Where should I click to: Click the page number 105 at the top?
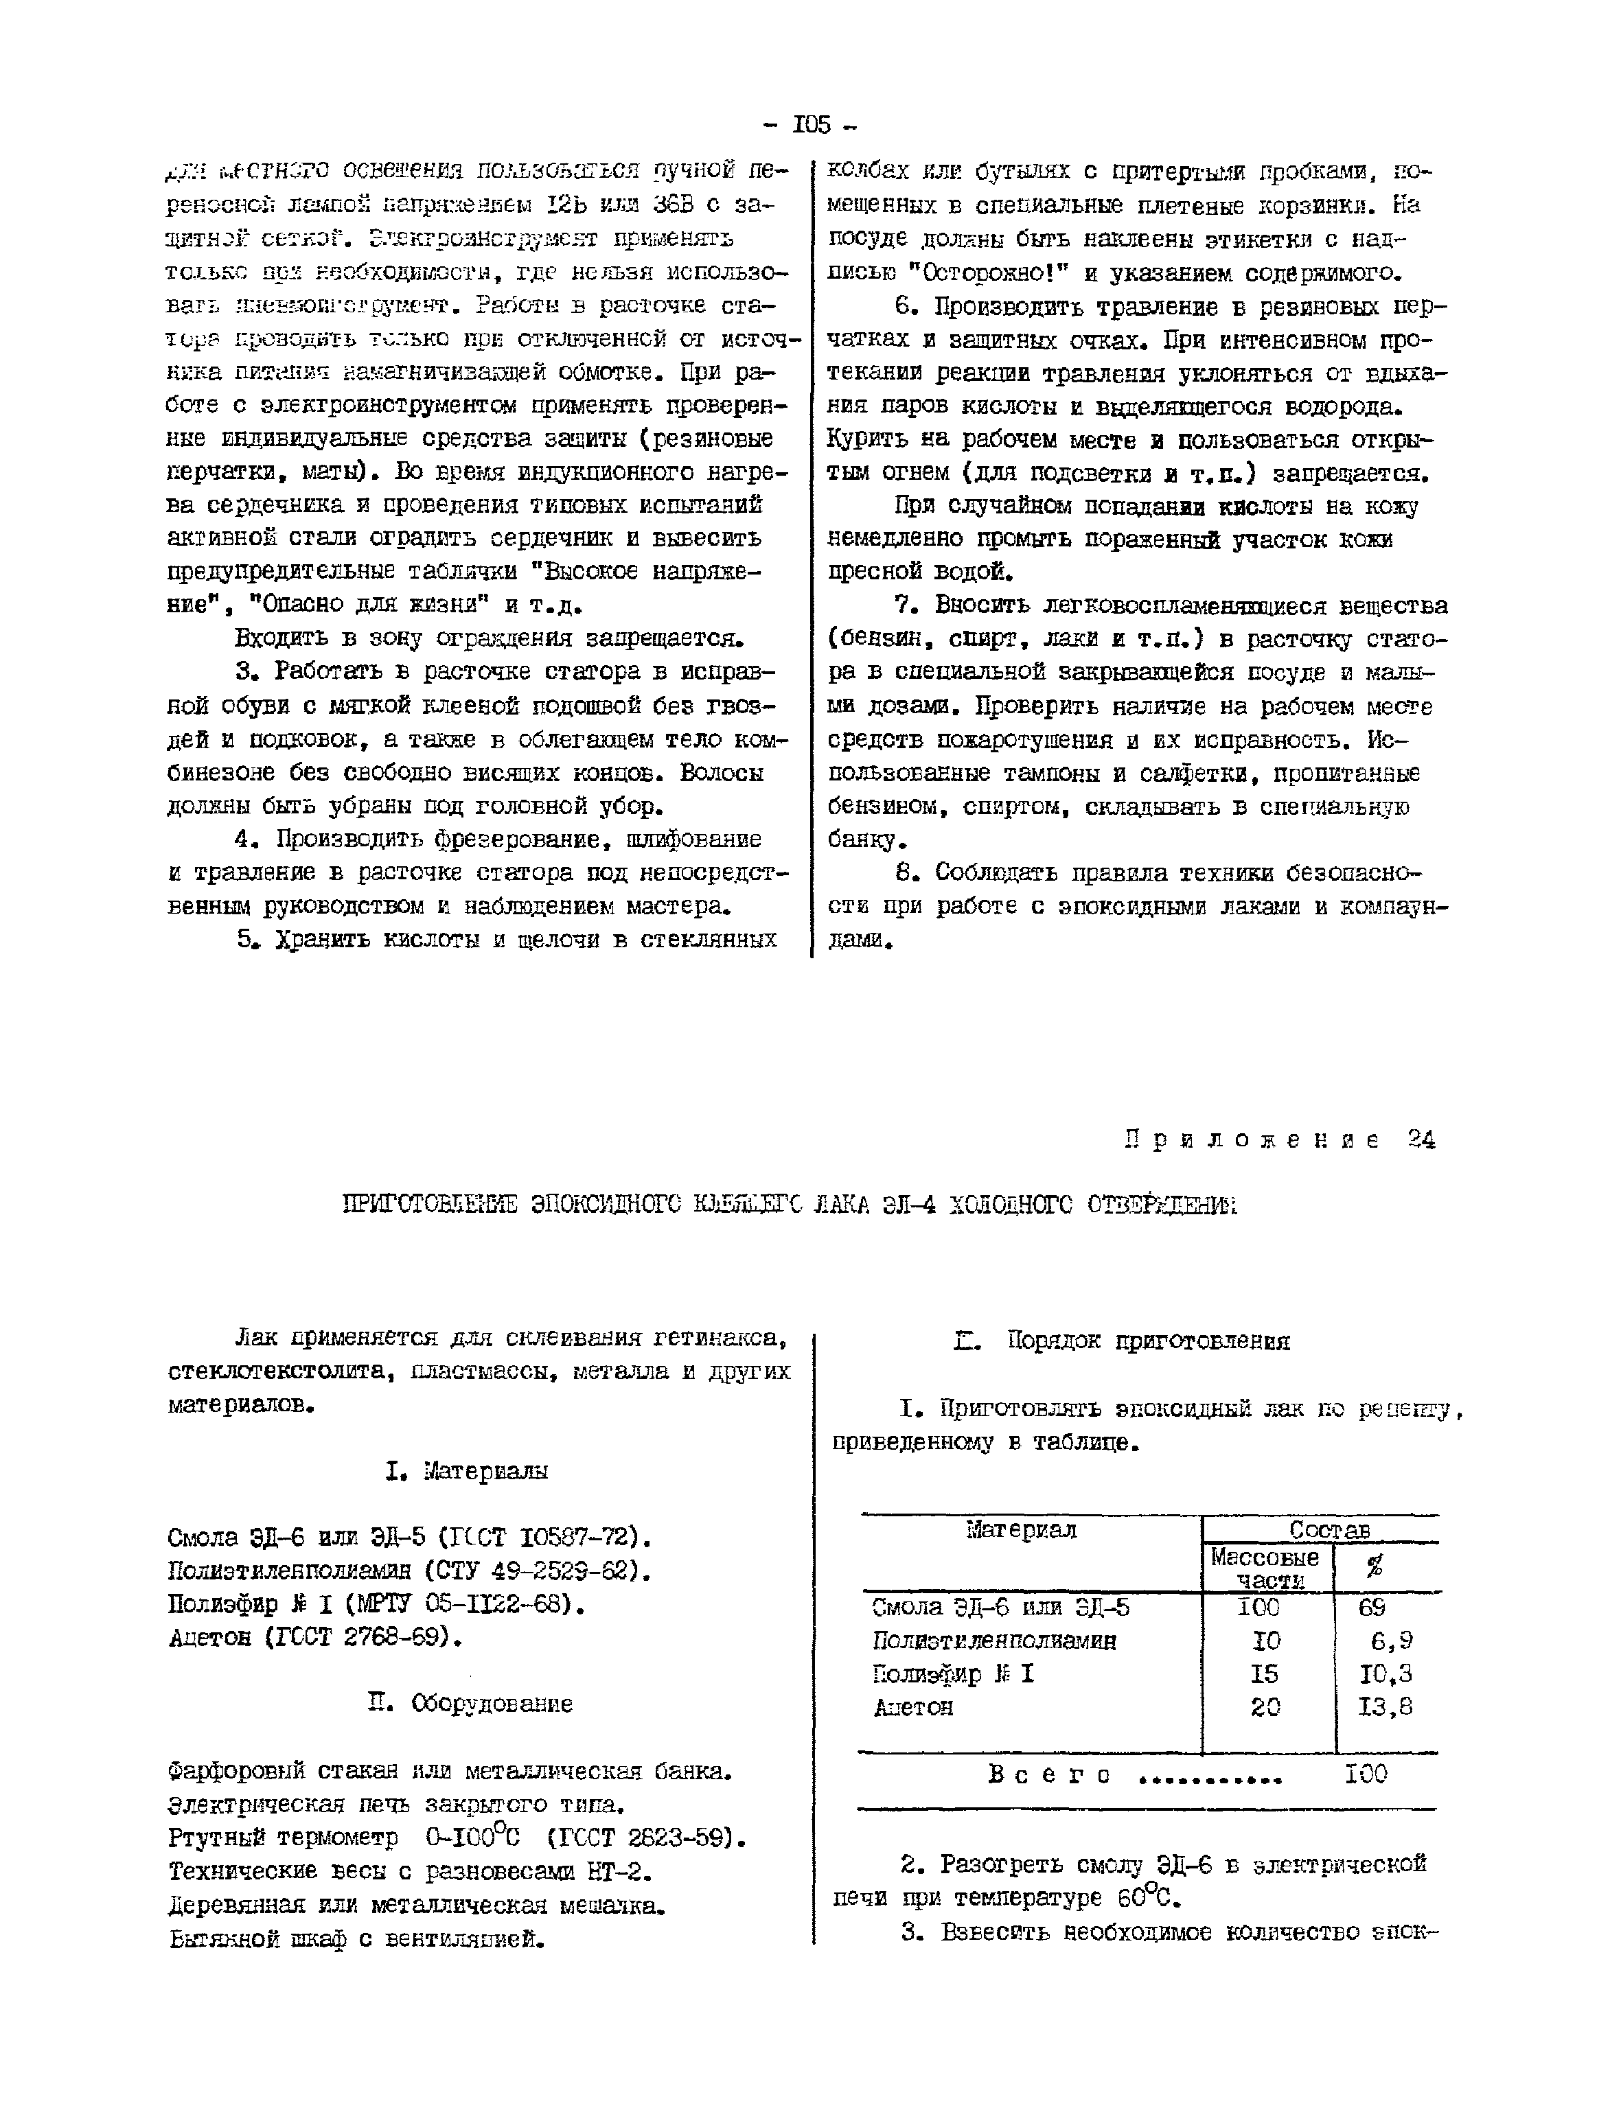pos(809,124)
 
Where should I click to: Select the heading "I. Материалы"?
pos(466,1471)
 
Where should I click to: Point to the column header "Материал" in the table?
pos(1021,1530)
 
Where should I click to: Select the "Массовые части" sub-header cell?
pos(1264,1568)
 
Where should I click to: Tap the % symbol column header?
pos(1374,1567)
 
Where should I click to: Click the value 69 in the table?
pos(1371,1608)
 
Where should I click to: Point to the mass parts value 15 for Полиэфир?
pos(1263,1675)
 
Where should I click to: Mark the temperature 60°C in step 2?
pos(1147,1899)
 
